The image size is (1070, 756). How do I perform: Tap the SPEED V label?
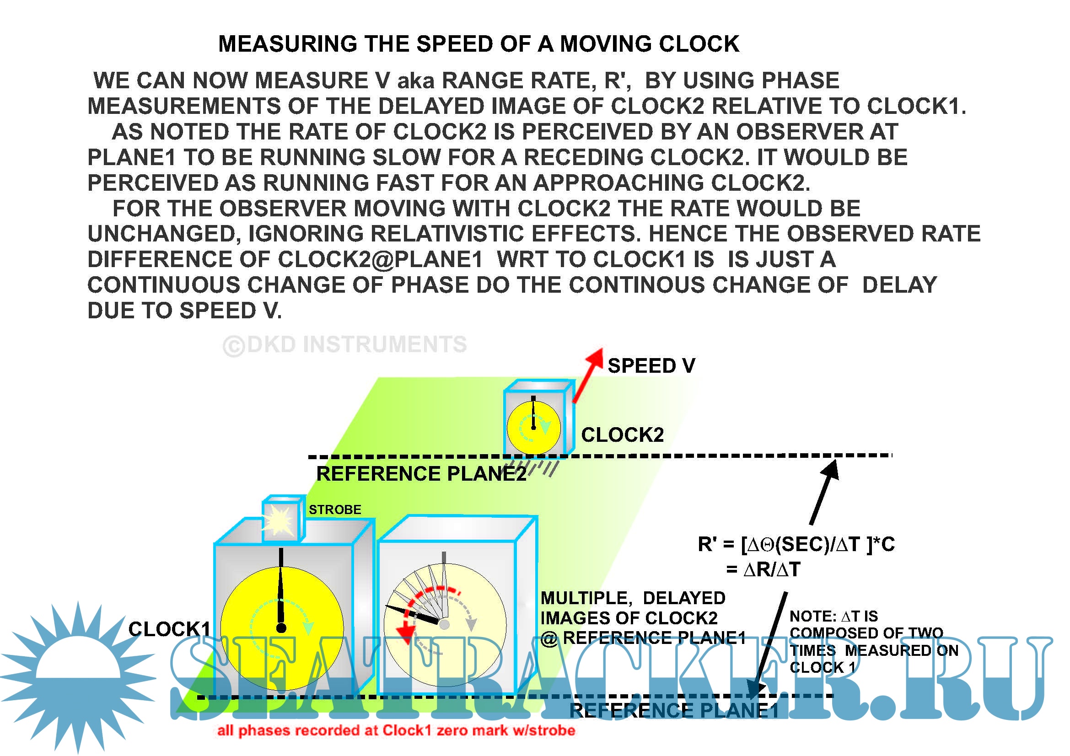coord(651,366)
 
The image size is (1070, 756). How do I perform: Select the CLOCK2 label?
coord(622,435)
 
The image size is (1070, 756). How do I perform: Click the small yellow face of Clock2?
coord(533,427)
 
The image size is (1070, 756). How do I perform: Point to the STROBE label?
coord(334,509)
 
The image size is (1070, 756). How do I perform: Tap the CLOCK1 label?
coord(169,629)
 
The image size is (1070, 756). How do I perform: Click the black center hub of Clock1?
coord(281,628)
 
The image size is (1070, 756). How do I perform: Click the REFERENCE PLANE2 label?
coord(421,474)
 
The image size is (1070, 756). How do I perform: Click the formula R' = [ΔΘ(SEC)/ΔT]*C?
coord(796,545)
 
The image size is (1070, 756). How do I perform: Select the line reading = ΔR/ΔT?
coord(764,570)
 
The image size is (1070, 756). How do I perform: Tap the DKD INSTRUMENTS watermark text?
coord(345,345)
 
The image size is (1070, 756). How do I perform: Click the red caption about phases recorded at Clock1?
coord(396,730)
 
